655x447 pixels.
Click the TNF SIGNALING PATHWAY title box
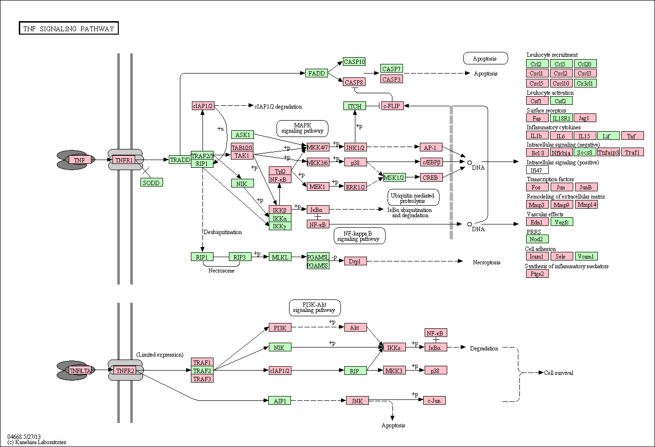(69, 28)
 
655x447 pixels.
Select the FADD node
(317, 73)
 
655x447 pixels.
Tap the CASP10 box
(354, 62)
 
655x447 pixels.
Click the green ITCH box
(354, 106)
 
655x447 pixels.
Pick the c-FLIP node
(392, 106)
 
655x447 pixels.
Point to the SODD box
(151, 183)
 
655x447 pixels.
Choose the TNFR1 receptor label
(124, 160)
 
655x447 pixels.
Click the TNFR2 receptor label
(125, 371)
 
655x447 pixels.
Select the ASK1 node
(242, 135)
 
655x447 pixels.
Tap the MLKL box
(280, 257)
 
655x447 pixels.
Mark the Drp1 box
(355, 261)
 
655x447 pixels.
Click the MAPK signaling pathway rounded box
(302, 128)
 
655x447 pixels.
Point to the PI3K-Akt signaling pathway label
(315, 308)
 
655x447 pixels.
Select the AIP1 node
(279, 400)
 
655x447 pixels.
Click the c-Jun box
(434, 400)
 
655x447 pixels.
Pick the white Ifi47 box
(537, 170)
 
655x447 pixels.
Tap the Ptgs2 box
(537, 274)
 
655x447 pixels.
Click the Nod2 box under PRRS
(537, 239)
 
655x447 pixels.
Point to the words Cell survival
(558, 373)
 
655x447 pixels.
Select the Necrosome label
(221, 271)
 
